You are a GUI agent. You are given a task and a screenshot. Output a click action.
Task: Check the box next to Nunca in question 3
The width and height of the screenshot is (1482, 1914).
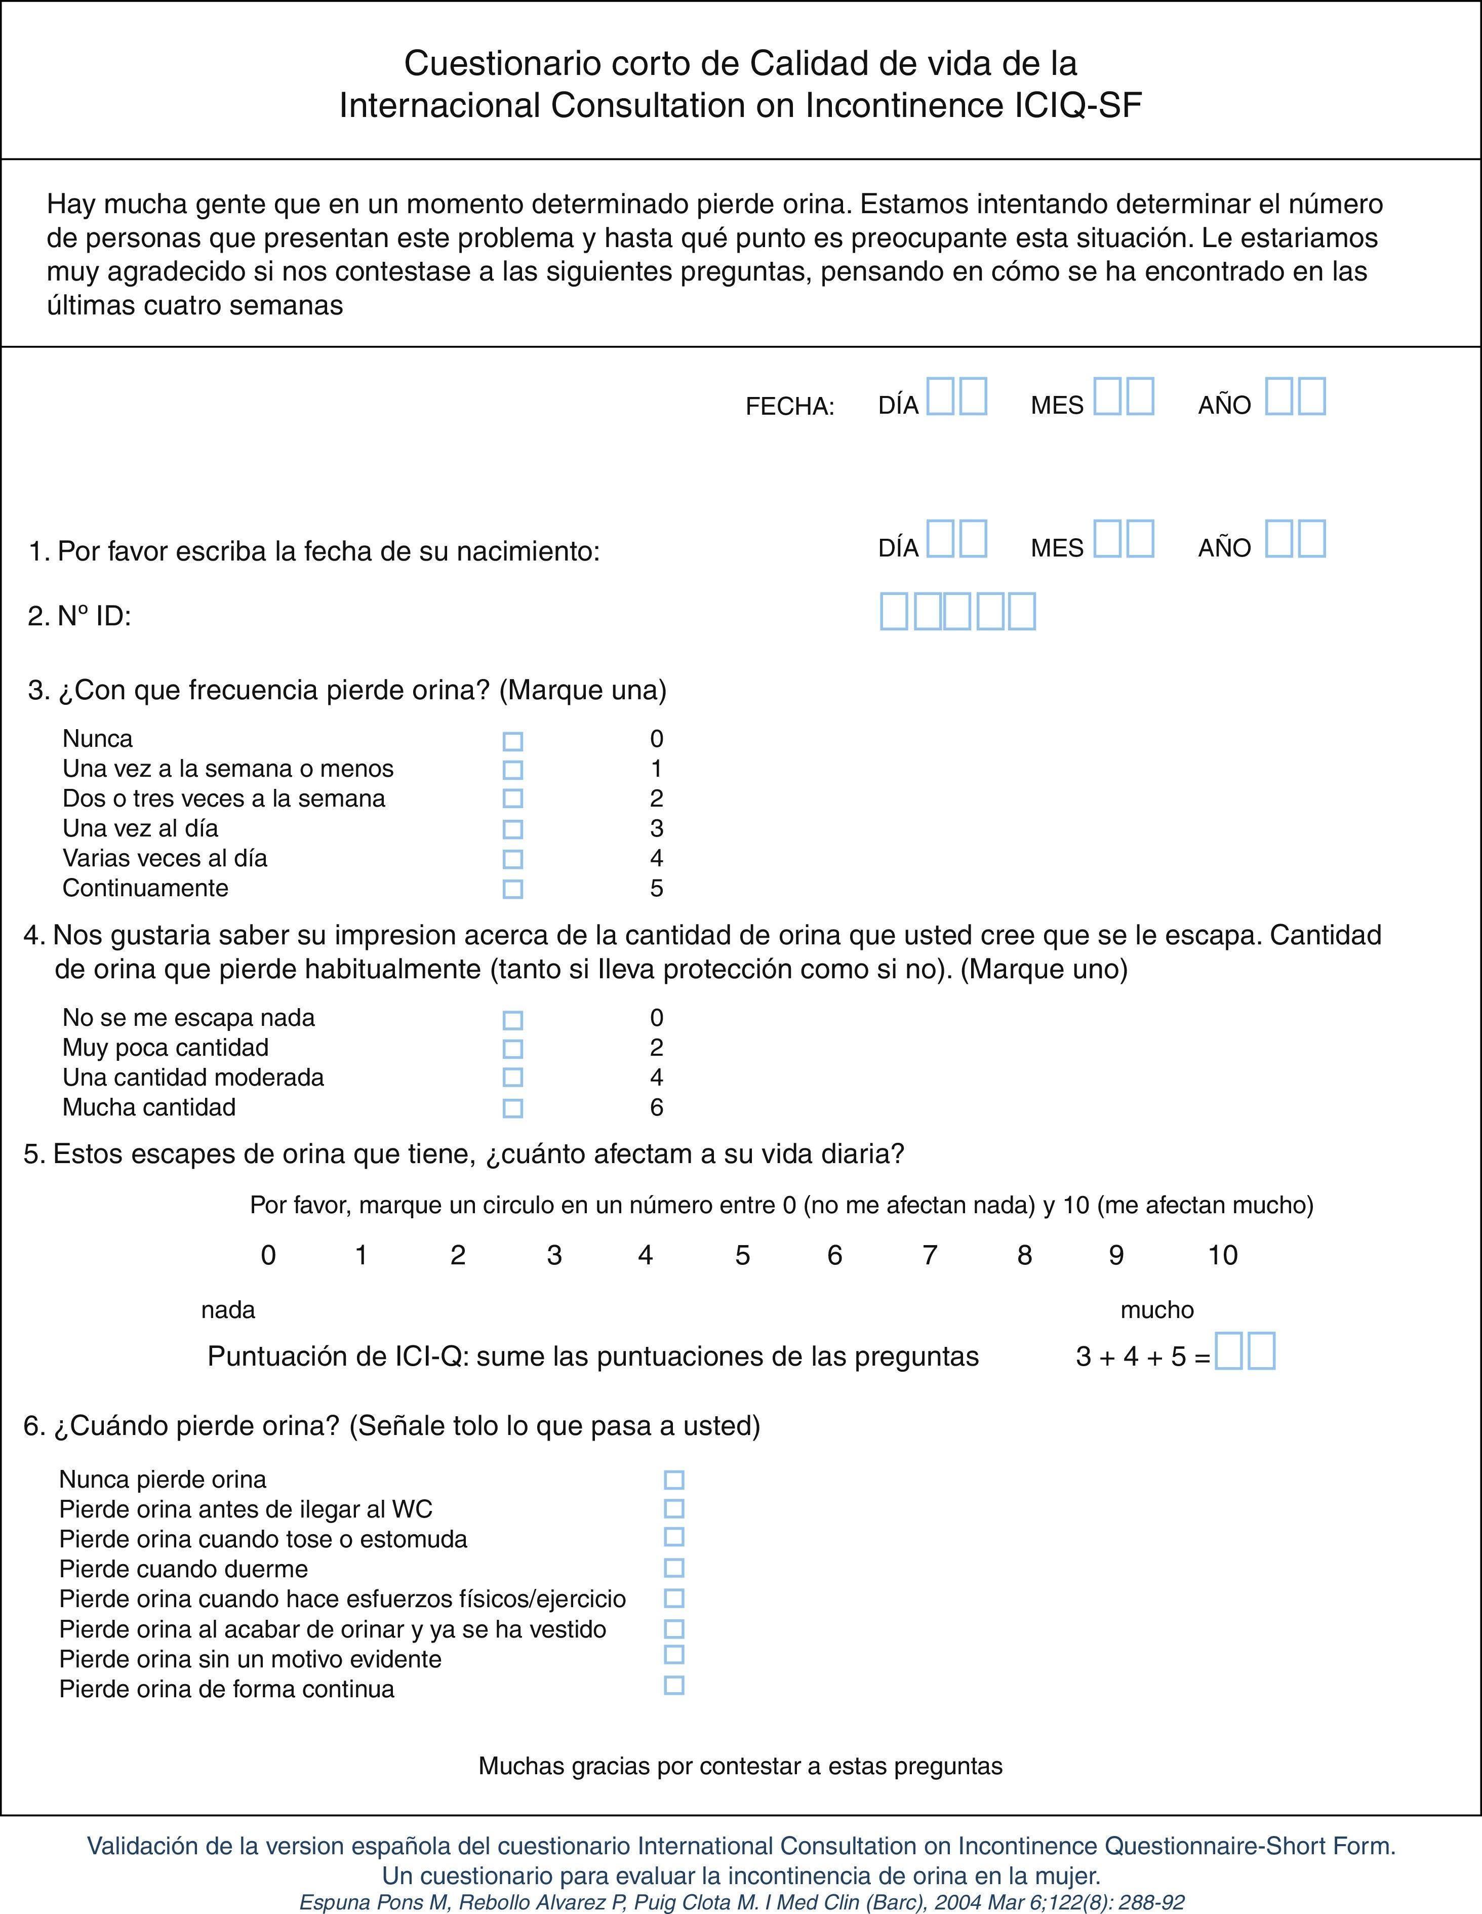tap(513, 741)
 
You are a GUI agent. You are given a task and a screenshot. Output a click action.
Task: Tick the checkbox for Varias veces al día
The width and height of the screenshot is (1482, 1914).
tap(513, 859)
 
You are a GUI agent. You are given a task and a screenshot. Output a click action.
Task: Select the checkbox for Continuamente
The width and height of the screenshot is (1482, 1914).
tap(513, 889)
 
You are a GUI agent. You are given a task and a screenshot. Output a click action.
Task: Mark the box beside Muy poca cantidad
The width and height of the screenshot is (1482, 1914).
tap(513, 1049)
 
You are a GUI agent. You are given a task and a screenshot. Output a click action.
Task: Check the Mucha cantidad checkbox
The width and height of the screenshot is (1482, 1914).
tap(513, 1108)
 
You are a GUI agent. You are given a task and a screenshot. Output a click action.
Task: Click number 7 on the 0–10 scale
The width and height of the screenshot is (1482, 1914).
tap(930, 1255)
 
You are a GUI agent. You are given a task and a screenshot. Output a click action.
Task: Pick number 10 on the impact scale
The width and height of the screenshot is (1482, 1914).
tap(1223, 1255)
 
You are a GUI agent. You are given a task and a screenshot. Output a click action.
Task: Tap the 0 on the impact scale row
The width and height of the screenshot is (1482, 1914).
tap(268, 1255)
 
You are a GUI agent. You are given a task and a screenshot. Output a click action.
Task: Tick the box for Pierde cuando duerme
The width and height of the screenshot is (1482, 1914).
tap(674, 1568)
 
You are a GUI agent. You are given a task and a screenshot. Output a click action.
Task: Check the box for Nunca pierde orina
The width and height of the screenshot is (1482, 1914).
tap(674, 1480)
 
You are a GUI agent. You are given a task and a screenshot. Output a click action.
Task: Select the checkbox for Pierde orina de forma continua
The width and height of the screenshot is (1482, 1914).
tap(674, 1685)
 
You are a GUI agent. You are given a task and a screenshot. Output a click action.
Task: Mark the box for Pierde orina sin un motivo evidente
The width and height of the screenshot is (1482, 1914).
tap(674, 1655)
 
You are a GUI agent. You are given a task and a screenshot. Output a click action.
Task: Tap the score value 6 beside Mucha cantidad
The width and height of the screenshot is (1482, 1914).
tap(656, 1108)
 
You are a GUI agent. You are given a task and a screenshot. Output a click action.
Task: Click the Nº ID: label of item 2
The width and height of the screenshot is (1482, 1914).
tap(94, 617)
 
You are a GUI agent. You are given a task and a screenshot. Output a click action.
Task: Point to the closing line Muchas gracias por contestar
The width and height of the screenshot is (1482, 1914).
tap(741, 1766)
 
